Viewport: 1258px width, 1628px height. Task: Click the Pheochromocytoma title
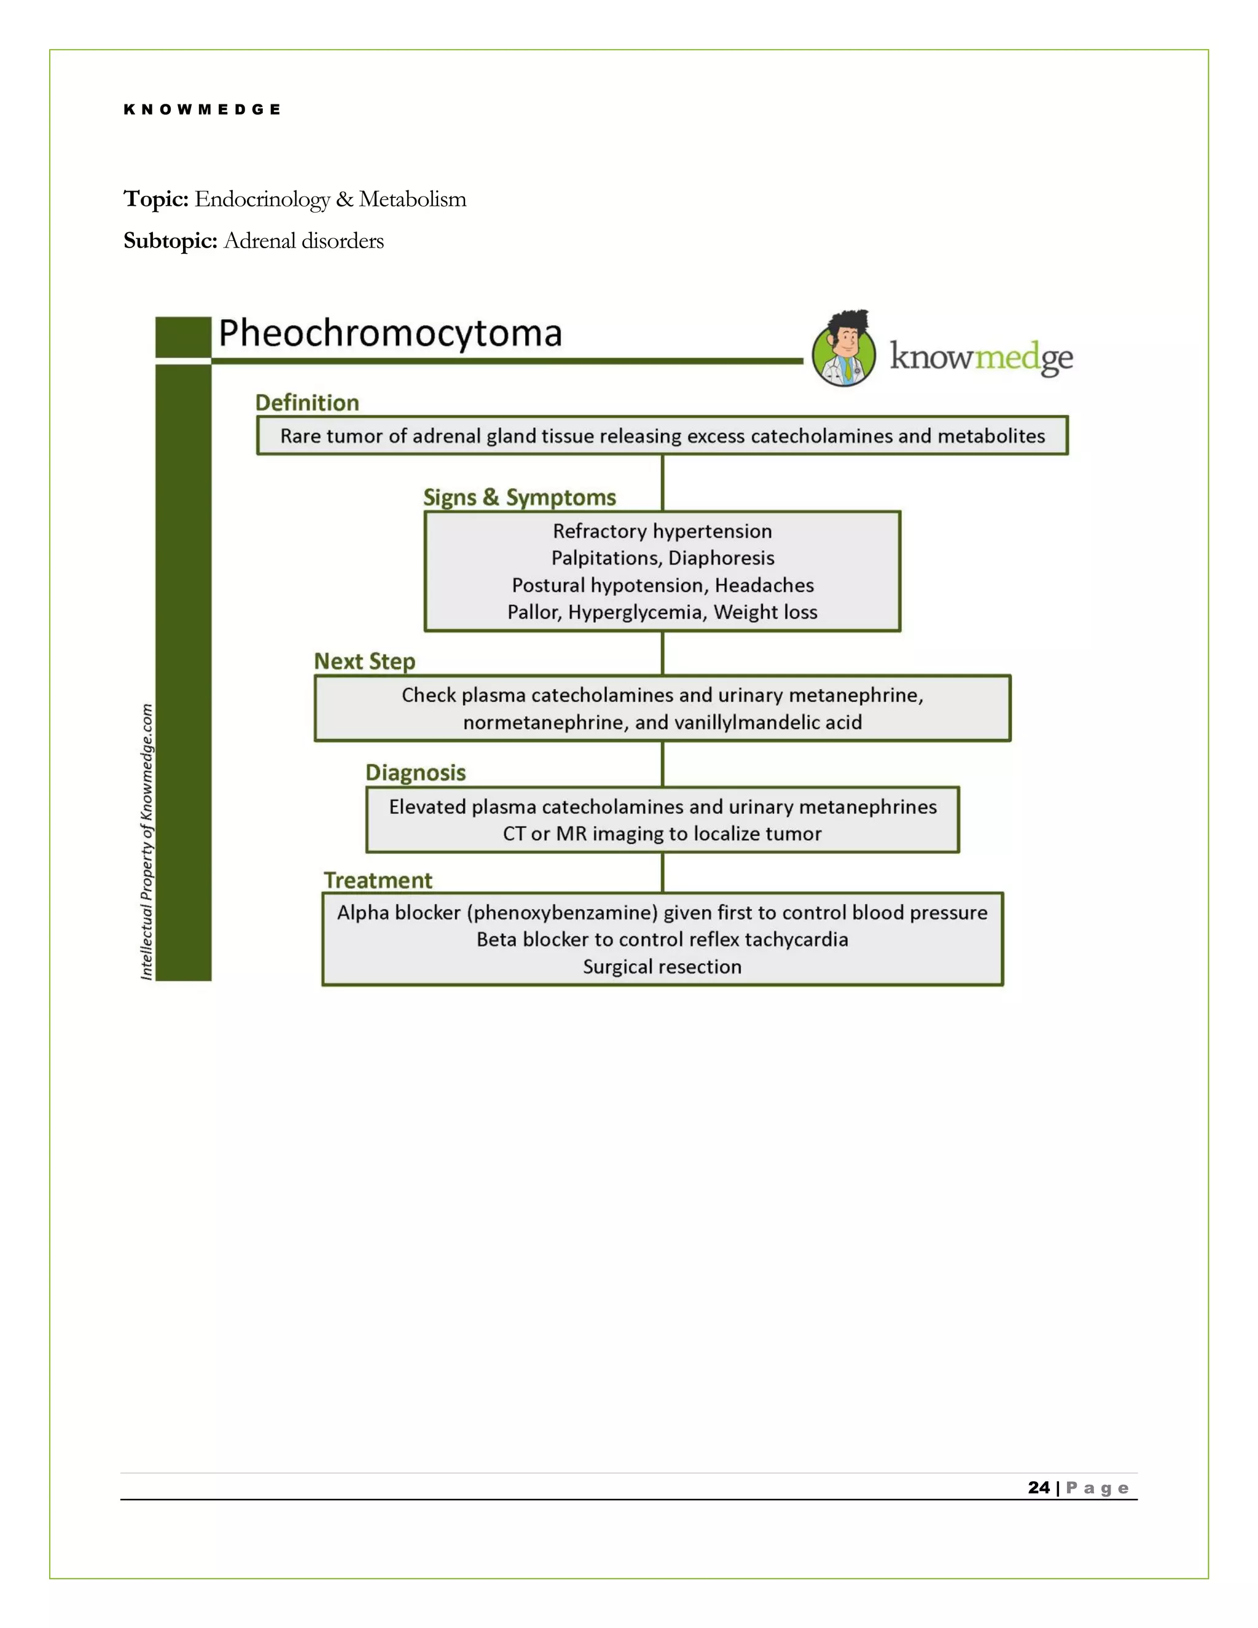[390, 333]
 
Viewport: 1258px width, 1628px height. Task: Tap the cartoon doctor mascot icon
[845, 349]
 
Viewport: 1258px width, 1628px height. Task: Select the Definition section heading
[307, 402]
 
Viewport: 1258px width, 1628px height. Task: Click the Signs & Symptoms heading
[520, 497]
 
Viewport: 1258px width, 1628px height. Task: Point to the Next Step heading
[364, 661]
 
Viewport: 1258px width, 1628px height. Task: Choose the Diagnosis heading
[415, 772]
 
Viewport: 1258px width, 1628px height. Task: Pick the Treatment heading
[378, 880]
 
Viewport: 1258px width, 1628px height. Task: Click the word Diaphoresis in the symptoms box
[721, 558]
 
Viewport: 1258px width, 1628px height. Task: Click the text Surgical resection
[662, 967]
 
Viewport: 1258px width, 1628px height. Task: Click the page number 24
[1038, 1487]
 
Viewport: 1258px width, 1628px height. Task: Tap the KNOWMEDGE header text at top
[202, 109]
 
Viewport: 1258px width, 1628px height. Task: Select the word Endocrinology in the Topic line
[262, 199]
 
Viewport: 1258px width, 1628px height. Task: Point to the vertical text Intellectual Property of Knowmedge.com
[147, 842]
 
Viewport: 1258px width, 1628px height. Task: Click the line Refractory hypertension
[662, 531]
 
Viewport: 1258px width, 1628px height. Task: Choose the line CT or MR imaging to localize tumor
[662, 834]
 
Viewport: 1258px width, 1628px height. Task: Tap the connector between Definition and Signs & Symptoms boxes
[663, 482]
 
